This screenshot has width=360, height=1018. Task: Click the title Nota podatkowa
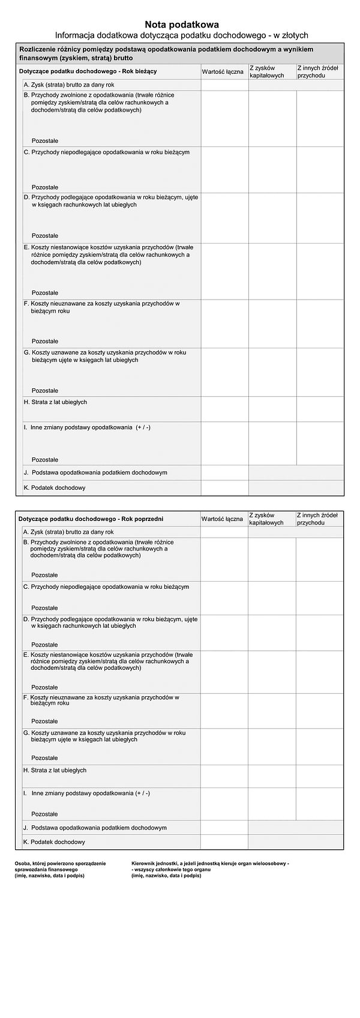point(181,25)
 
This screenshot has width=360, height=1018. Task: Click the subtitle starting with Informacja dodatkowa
point(181,35)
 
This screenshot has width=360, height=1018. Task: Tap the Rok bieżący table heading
point(88,71)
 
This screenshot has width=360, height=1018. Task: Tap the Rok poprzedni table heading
point(91,519)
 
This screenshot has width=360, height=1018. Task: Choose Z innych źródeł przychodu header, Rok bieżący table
point(320,71)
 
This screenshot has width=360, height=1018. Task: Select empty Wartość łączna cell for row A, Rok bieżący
point(224,85)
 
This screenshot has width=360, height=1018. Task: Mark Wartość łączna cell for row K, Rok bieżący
point(224,488)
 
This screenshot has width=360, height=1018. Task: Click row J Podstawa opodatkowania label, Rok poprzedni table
point(95,828)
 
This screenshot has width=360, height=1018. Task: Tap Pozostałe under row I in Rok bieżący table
point(45,460)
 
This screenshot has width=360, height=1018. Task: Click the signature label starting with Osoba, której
point(60,869)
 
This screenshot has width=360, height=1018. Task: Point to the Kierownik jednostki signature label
point(210,869)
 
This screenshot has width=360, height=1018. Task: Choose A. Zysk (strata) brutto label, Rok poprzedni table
point(68,532)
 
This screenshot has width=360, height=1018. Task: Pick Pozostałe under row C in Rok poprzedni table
point(45,608)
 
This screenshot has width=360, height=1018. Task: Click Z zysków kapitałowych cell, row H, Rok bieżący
point(272,409)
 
